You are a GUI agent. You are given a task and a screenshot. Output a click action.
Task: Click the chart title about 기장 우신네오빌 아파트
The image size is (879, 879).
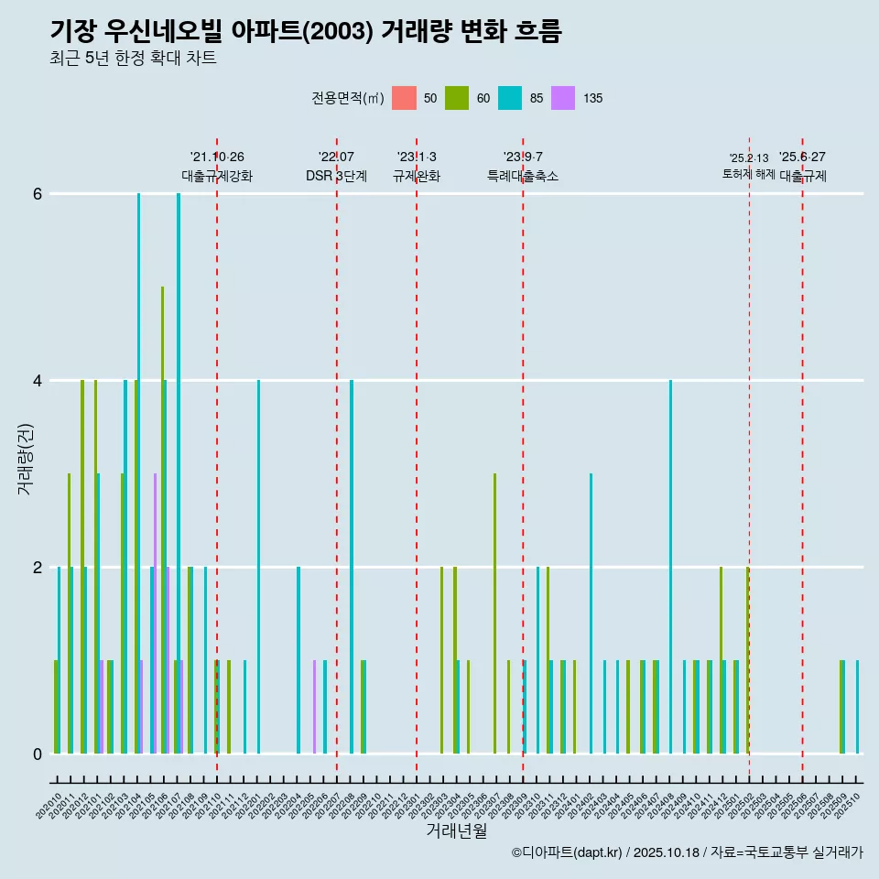(305, 31)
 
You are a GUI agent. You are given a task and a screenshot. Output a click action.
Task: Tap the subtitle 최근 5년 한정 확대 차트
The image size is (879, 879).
(133, 59)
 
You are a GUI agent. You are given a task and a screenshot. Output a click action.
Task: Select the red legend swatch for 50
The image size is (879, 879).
(404, 98)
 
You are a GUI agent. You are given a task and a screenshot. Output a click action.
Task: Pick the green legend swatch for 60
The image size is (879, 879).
(457, 98)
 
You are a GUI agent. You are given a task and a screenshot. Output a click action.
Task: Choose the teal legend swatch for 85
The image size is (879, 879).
(510, 98)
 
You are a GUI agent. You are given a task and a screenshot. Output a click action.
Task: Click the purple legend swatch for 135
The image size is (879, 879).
(563, 98)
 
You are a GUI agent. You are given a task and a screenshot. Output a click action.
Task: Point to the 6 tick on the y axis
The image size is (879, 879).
(38, 194)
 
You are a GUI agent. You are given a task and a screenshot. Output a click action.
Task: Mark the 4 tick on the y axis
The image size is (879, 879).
(38, 380)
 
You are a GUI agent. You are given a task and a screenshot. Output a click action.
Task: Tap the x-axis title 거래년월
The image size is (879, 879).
(456, 830)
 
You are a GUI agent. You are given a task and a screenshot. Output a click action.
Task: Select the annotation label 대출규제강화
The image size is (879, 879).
(217, 176)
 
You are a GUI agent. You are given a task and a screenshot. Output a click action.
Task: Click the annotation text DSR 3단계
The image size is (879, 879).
(336, 176)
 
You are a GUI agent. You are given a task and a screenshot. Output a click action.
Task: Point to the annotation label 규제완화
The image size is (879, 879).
(417, 176)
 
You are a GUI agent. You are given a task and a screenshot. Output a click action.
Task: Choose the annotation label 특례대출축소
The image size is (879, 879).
(523, 176)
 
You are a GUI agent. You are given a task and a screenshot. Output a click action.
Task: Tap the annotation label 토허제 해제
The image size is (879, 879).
(749, 174)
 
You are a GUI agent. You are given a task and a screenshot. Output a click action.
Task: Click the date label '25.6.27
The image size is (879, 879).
(802, 157)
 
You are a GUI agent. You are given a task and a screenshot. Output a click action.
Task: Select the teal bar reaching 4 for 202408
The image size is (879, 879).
(670, 567)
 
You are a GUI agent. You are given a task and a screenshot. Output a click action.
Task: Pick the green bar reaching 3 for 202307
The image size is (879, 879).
(494, 613)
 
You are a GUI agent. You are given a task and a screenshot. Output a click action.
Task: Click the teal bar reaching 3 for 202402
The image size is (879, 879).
(591, 613)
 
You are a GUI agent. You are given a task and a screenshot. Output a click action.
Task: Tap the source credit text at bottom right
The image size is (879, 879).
(687, 852)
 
